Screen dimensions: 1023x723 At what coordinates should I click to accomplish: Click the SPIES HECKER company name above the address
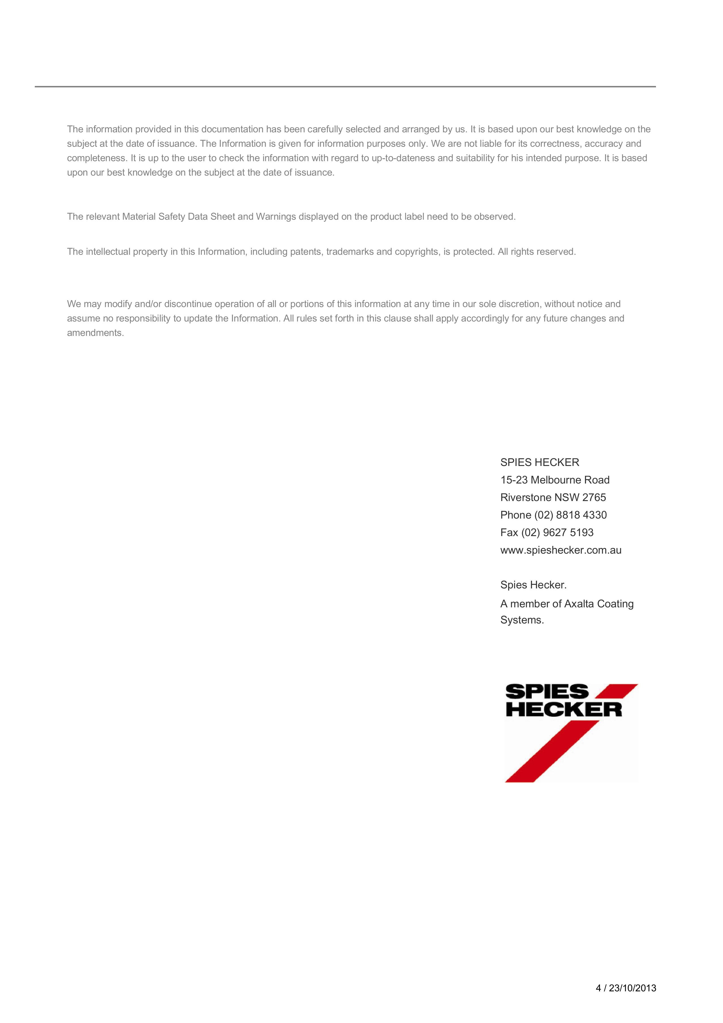539,463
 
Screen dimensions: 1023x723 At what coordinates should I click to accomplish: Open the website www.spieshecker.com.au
560,550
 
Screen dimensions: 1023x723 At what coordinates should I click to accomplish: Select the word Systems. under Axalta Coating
522,620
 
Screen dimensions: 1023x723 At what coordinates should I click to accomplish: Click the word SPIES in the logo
547,692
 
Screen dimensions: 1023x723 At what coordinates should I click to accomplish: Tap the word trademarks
350,252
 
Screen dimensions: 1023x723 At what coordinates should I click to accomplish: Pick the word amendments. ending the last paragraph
95,333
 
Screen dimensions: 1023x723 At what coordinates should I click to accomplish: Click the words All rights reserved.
537,252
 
